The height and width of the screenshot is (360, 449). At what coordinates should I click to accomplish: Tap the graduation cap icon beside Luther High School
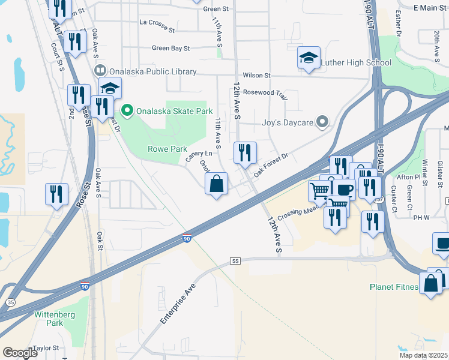(x=309, y=58)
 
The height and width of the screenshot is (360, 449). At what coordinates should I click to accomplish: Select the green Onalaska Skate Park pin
(x=127, y=110)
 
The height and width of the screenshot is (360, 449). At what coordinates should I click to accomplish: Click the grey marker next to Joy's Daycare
(x=322, y=122)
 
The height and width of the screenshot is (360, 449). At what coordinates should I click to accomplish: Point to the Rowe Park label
(x=163, y=149)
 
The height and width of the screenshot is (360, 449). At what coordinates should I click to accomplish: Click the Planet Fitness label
(x=393, y=287)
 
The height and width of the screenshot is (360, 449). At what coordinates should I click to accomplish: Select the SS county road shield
(x=235, y=261)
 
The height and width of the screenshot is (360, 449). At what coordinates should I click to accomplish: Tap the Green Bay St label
(x=170, y=48)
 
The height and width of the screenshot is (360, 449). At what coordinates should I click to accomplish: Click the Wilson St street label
(x=257, y=76)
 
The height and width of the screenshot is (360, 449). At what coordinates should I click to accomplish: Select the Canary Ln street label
(x=199, y=156)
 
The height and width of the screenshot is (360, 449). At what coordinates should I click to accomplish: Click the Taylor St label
(x=46, y=348)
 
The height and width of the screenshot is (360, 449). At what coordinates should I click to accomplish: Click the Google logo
(x=20, y=353)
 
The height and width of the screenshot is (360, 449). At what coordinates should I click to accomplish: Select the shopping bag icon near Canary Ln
(x=217, y=183)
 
